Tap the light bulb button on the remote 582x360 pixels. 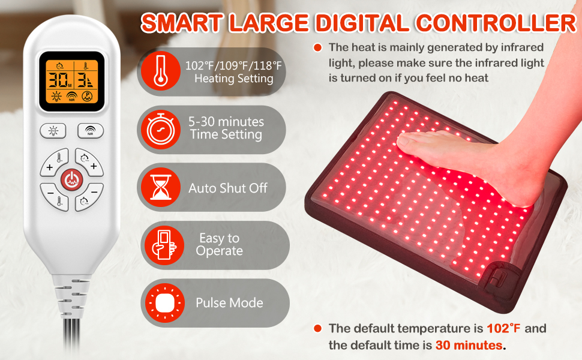[53, 131]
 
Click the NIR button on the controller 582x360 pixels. [91, 131]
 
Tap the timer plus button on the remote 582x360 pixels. [89, 162]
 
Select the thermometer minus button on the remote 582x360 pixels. [55, 197]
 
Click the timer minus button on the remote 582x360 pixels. [89, 197]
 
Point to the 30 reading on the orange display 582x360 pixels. [58, 80]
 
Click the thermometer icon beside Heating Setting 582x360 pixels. [161, 71]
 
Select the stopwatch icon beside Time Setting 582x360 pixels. [161, 130]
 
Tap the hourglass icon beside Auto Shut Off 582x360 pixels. [161, 187]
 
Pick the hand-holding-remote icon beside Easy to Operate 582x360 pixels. [164, 245]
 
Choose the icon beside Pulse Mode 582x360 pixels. [165, 303]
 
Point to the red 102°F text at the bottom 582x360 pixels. [503, 328]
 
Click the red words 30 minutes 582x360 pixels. [469, 345]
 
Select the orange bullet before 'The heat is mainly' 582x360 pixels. [317, 47]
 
